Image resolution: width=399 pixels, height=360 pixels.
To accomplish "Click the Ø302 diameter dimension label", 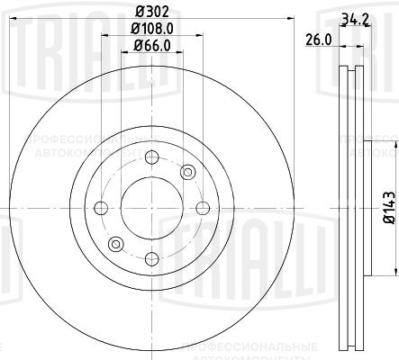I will pyautogui.click(x=150, y=13).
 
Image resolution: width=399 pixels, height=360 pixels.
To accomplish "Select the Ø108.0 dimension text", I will pyautogui.click(x=150, y=31).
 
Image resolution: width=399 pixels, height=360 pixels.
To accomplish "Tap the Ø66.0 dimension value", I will pyautogui.click(x=150, y=47).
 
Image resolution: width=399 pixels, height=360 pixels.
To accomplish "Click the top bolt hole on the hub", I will pyautogui.click(x=150, y=155).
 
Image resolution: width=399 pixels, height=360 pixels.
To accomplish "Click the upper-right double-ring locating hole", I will pyautogui.click(x=187, y=172).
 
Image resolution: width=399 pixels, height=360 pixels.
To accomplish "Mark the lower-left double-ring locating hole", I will pyautogui.click(x=114, y=244).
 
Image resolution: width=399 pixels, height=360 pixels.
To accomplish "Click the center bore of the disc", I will pyautogui.click(x=150, y=208).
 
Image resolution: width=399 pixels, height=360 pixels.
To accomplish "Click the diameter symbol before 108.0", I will pyautogui.click(x=130, y=31).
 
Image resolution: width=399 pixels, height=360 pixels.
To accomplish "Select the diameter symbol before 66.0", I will pyautogui.click(x=132, y=47).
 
